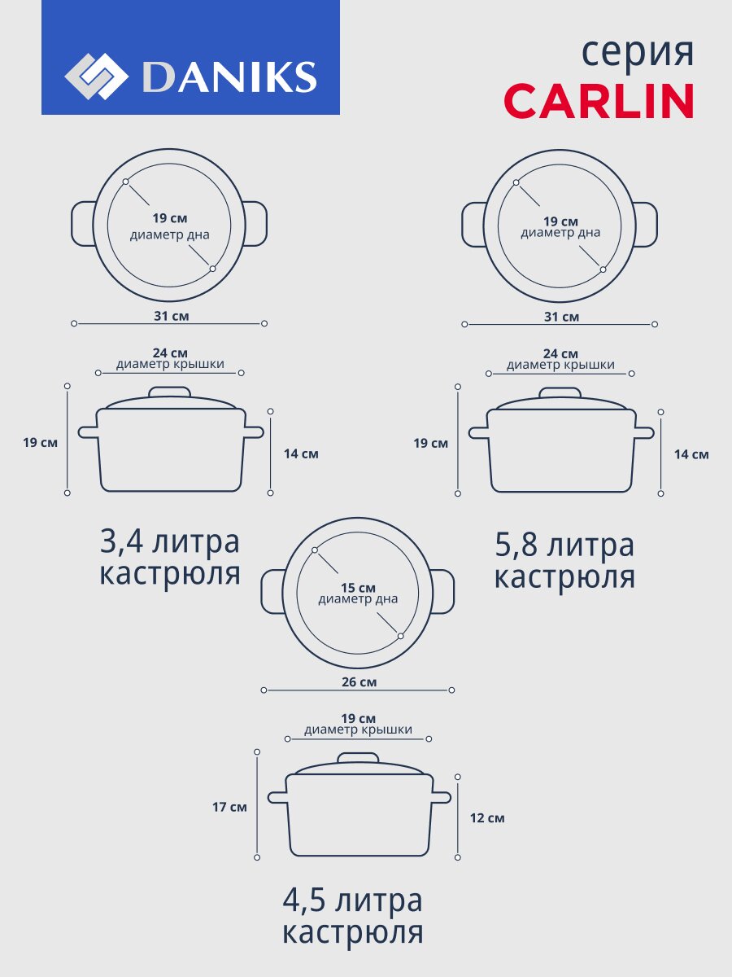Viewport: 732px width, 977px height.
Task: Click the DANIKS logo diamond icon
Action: [97, 77]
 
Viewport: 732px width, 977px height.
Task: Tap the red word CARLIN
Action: [599, 101]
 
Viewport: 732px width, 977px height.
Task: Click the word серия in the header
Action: [638, 54]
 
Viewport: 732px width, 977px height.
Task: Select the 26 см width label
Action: [359, 682]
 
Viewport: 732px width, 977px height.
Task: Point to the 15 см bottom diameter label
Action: [358, 588]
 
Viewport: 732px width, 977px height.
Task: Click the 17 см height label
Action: [229, 807]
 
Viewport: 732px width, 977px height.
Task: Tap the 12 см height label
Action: [487, 818]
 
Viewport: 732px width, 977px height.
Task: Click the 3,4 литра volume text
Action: [170, 541]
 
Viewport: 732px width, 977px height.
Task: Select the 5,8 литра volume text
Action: [564, 545]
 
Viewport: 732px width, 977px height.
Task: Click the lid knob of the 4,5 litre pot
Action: [358, 758]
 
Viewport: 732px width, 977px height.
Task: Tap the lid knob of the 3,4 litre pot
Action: [169, 392]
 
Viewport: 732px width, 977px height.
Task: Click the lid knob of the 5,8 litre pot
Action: [560, 392]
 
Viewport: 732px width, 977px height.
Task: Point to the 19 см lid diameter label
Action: [358, 719]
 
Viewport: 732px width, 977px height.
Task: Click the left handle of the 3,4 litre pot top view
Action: [83, 224]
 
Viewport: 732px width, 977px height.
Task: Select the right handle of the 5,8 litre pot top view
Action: [646, 225]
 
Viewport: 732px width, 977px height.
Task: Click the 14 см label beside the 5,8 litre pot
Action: [691, 454]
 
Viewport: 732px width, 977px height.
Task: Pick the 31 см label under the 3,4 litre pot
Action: [172, 317]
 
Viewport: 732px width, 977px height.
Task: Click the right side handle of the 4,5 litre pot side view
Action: [442, 798]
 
